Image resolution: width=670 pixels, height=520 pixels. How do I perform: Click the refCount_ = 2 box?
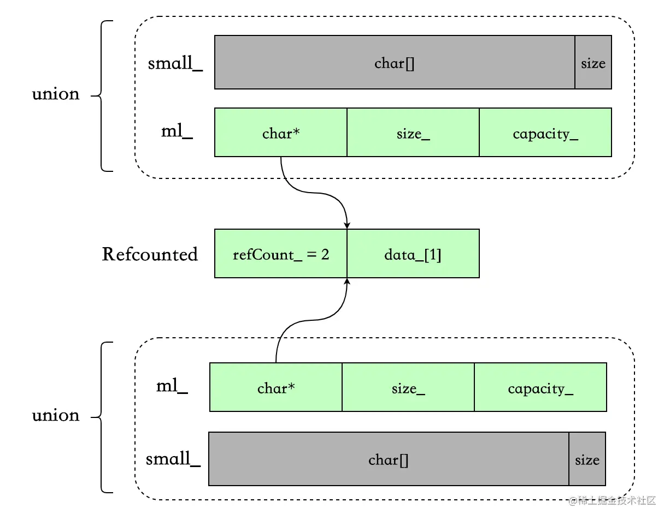(280, 253)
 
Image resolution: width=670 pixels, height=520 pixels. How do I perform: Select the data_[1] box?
(413, 253)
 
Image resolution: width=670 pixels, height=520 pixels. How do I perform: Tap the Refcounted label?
(150, 254)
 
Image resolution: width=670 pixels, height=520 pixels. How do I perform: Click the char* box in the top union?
(280, 133)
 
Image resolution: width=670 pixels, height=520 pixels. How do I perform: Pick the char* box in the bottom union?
(276, 387)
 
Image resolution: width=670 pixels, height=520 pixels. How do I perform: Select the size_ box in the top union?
(413, 133)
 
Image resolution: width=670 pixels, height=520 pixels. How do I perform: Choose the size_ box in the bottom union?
(408, 387)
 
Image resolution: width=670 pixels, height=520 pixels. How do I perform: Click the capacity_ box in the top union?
(545, 133)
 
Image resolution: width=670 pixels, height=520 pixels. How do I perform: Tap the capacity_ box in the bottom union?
(540, 387)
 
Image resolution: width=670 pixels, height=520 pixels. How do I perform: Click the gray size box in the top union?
(593, 62)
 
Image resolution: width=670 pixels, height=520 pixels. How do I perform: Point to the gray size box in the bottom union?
(587, 459)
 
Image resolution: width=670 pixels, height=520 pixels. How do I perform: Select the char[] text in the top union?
(395, 64)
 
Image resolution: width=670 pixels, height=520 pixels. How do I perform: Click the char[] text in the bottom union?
(388, 461)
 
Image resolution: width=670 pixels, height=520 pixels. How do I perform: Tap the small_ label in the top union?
(175, 63)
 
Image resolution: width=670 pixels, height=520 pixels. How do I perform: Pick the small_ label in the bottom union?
(173, 459)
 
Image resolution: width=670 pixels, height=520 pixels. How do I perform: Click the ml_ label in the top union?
(177, 132)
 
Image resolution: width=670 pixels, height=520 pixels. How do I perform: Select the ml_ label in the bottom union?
(172, 386)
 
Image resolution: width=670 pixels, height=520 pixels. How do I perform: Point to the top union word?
(56, 94)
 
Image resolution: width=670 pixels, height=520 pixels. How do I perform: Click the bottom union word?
(56, 416)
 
